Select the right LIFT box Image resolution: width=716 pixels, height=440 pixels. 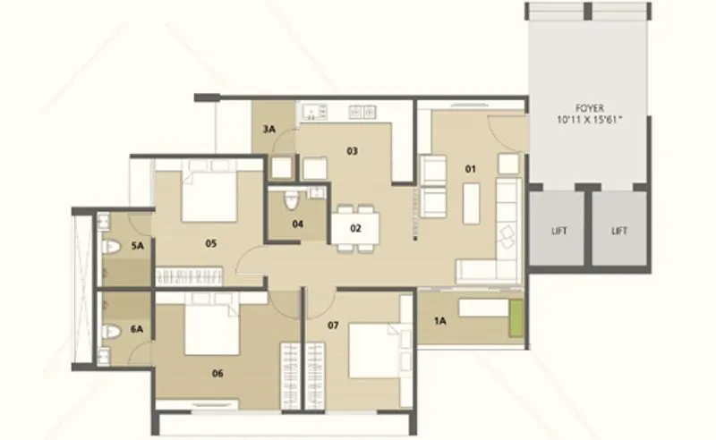tap(618, 230)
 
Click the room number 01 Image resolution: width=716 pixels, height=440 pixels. tap(471, 168)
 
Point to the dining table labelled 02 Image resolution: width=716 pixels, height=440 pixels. tap(354, 225)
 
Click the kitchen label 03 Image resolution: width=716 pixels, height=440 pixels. tap(353, 151)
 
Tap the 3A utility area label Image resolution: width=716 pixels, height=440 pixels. tap(268, 130)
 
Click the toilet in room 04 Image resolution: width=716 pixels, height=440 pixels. tap(291, 200)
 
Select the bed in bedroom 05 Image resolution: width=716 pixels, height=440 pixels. tap(209, 192)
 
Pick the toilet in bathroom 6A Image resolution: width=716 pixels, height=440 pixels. tap(109, 331)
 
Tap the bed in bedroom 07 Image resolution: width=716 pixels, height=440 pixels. tap(371, 350)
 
